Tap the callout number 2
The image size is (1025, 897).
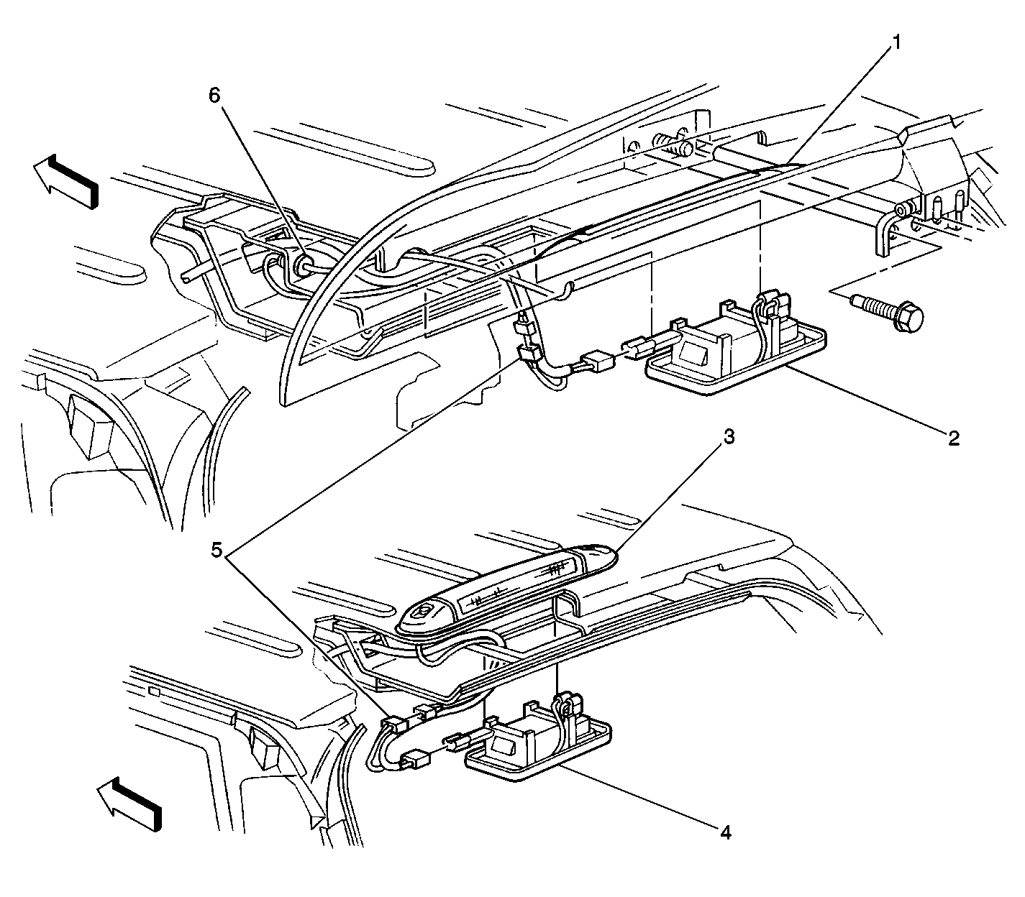953,438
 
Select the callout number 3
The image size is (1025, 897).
729,438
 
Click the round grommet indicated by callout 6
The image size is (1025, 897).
303,264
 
